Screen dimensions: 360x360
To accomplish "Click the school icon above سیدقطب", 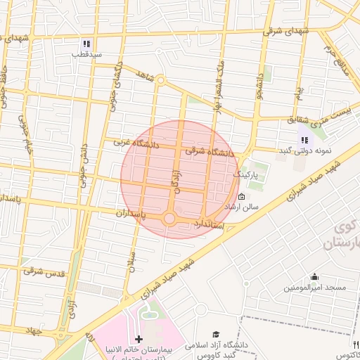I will pos(86,43).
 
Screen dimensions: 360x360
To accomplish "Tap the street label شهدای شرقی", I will pos(286,31).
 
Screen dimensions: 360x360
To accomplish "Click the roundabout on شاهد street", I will pos(160,80).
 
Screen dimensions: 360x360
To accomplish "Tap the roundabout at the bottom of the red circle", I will pos(169,219).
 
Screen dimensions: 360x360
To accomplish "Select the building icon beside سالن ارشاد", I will pos(242,196).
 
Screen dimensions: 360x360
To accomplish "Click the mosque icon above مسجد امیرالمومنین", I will pos(314,276).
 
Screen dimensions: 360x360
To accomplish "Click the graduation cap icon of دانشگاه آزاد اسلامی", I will pos(217,335).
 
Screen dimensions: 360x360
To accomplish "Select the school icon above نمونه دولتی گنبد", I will pos(304,140).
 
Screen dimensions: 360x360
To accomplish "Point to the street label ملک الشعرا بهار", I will pos(219,83).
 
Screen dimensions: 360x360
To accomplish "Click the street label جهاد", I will pos(32,329).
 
